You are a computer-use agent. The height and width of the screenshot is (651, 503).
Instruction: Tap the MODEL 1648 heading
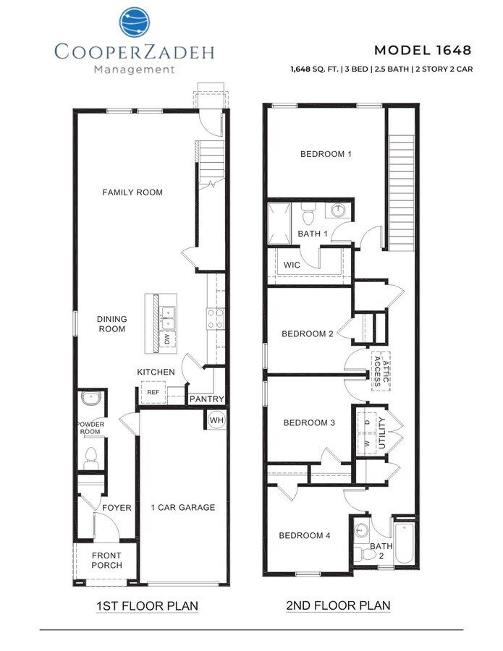click(423, 50)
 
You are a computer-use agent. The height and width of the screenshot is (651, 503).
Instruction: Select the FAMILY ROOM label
click(132, 192)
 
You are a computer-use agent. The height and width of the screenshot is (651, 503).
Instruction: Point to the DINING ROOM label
click(111, 324)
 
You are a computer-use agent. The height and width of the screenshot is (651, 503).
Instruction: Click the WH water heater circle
click(216, 420)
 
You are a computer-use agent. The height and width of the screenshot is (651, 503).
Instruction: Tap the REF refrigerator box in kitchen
click(153, 393)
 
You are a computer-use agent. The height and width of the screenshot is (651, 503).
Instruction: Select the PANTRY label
click(206, 399)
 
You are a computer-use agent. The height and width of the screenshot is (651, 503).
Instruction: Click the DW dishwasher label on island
click(167, 339)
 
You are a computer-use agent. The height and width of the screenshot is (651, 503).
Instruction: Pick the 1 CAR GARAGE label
click(182, 507)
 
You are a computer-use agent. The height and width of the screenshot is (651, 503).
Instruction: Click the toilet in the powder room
click(91, 456)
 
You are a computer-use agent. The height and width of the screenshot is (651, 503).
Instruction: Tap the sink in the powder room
click(91, 399)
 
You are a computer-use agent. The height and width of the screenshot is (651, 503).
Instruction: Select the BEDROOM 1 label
click(326, 154)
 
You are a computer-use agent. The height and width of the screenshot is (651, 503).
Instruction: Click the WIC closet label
click(292, 265)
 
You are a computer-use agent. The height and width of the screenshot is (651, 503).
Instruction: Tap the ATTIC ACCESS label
click(381, 371)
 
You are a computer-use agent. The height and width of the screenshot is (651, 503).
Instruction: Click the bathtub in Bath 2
click(404, 542)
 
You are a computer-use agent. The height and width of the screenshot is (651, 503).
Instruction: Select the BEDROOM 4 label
click(305, 535)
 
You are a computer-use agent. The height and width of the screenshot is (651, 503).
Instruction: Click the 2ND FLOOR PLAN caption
click(338, 605)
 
